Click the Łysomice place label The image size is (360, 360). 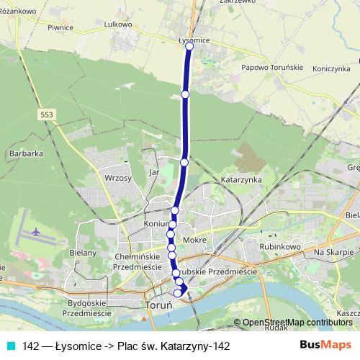[194, 40]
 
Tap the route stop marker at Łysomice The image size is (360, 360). [190, 46]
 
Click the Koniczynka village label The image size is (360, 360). [330, 68]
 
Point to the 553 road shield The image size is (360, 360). [47, 114]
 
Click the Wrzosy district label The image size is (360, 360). [117, 177]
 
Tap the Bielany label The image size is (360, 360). [82, 253]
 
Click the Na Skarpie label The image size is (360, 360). [333, 253]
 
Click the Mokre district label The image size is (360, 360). [195, 238]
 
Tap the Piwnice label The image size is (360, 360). [60, 27]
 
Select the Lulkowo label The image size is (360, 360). [117, 24]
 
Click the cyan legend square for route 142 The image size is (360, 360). [10, 346]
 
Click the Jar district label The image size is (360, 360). [153, 173]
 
